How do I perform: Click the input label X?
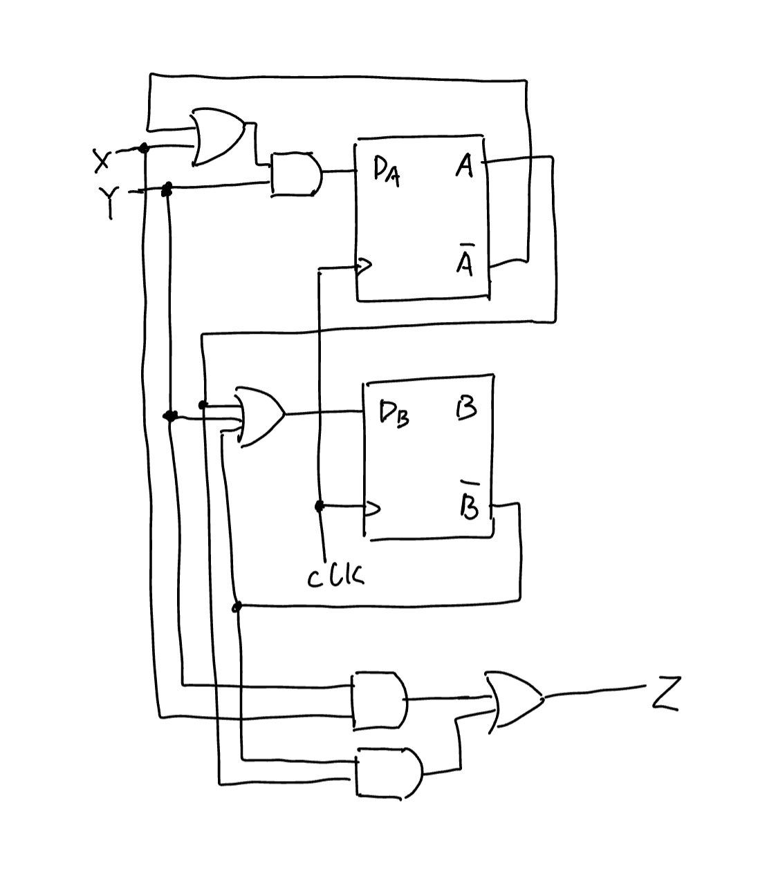tap(102, 161)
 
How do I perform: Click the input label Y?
tap(109, 200)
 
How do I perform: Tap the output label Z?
tap(666, 694)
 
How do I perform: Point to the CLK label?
tap(335, 576)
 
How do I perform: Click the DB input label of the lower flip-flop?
tap(394, 413)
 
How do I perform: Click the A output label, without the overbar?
tap(465, 166)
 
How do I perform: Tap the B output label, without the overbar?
tap(467, 409)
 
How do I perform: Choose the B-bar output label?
tap(469, 504)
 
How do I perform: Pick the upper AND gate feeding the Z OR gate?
tap(379, 699)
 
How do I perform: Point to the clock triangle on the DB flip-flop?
tap(372, 509)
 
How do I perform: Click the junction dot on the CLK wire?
tap(319, 507)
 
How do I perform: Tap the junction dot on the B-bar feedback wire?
tap(237, 607)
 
